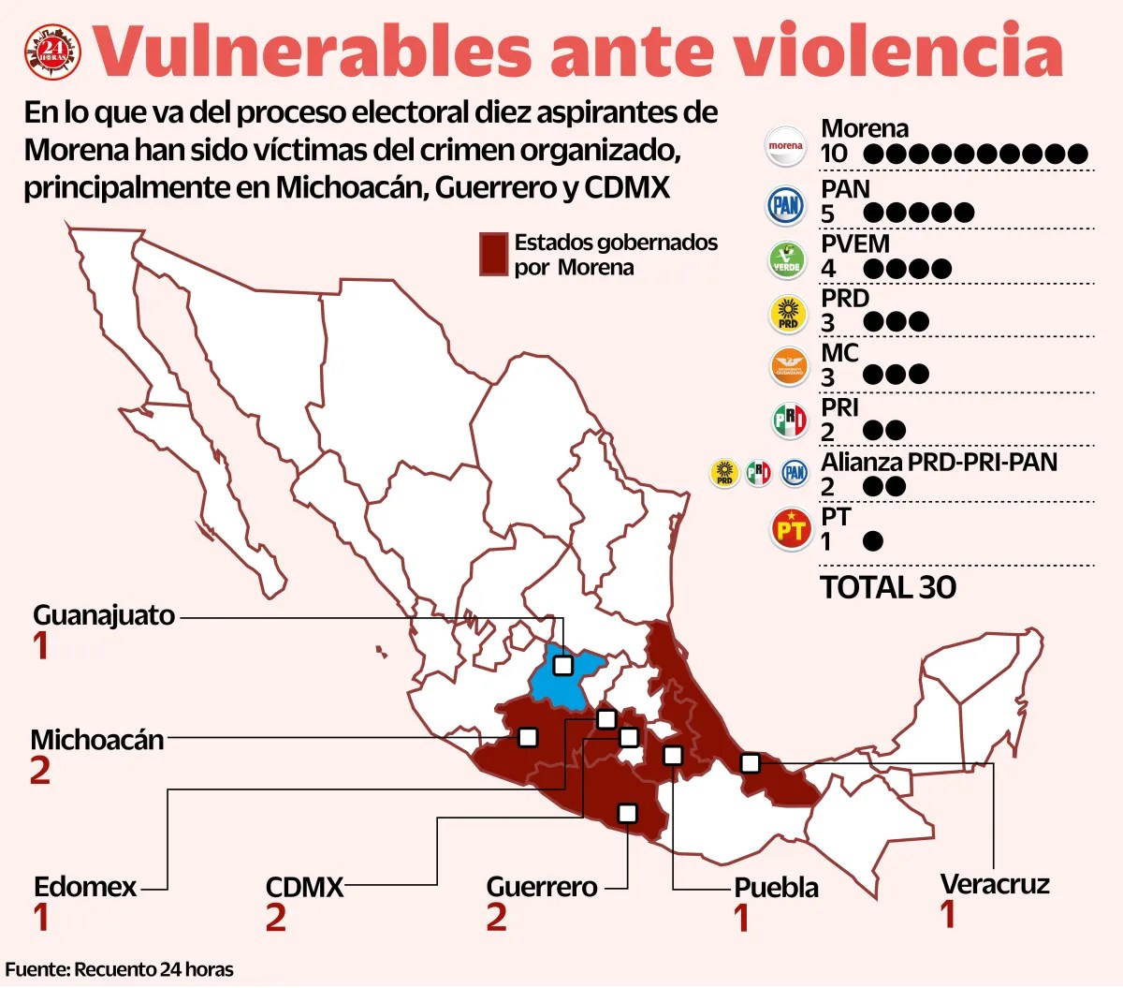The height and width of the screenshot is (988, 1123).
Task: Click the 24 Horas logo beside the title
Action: click(51, 53)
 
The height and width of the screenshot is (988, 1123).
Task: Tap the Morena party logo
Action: click(785, 146)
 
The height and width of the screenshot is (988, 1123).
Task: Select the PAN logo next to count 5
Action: click(786, 205)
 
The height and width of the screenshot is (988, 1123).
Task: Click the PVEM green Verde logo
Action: click(786, 260)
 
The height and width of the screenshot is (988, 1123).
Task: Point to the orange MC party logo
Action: click(788, 367)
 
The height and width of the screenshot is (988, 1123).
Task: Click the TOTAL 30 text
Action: click(887, 587)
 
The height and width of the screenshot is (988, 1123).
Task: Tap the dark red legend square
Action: click(493, 254)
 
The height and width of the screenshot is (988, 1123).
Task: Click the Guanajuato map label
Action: click(104, 615)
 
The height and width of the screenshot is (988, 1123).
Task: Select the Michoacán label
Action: click(97, 740)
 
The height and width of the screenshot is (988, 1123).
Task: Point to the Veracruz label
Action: click(995, 884)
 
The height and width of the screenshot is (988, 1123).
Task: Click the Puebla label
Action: click(776, 888)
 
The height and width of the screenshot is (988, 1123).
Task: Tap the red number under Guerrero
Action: click(496, 917)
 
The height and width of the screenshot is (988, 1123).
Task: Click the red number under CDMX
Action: click(275, 918)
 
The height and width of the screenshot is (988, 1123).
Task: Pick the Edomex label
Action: click(85, 887)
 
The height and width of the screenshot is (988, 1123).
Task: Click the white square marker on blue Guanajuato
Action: click(562, 665)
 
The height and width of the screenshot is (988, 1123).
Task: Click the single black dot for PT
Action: click(872, 541)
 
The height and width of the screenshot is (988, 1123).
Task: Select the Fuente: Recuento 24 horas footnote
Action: click(119, 969)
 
